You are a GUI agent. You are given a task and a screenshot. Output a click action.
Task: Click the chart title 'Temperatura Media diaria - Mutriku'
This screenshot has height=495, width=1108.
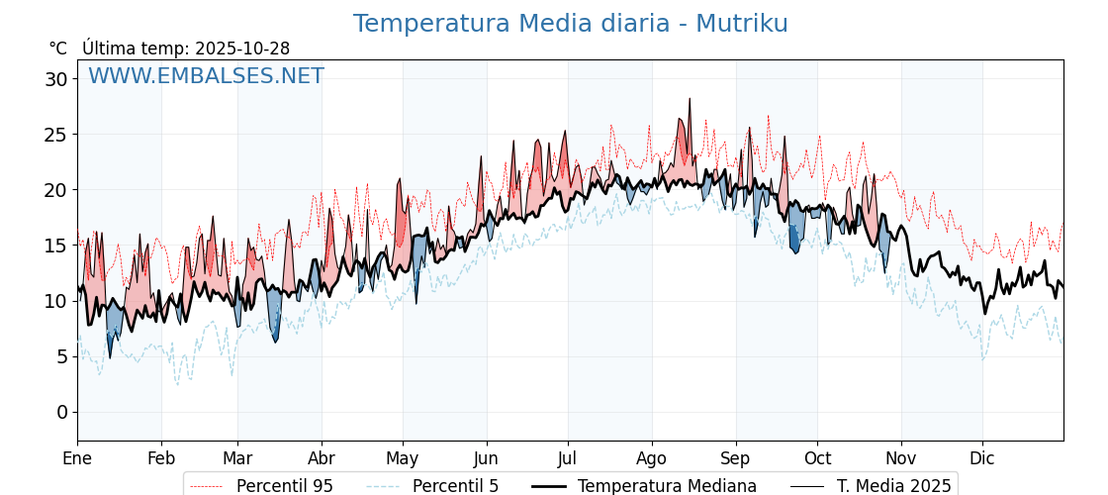pyautogui.click(x=570, y=24)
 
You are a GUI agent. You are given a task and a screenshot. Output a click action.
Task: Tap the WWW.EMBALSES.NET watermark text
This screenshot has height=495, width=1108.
pyautogui.click(x=206, y=76)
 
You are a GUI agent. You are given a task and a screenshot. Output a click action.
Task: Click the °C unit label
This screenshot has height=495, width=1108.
pyautogui.click(x=58, y=49)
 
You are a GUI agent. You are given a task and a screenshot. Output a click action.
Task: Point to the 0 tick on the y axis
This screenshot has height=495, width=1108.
pyautogui.click(x=62, y=412)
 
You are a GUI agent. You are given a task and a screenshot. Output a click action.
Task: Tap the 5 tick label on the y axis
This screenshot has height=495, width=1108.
pyautogui.click(x=62, y=356)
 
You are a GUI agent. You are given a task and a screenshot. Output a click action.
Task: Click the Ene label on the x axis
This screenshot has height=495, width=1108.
pyautogui.click(x=77, y=458)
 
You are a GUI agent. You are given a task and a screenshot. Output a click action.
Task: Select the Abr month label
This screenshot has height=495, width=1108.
pyautogui.click(x=322, y=458)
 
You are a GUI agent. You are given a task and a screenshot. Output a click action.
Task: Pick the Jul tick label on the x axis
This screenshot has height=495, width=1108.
pyautogui.click(x=568, y=458)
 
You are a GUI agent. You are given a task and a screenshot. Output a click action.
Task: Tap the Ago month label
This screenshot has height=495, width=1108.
pyautogui.click(x=652, y=458)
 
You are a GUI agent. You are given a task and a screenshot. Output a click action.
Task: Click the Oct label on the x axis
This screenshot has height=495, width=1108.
pyautogui.click(x=817, y=458)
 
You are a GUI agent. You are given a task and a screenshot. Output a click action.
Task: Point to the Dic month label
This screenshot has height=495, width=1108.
pyautogui.click(x=982, y=458)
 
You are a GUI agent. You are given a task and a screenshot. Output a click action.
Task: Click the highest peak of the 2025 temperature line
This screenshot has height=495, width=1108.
pyautogui.click(x=690, y=99)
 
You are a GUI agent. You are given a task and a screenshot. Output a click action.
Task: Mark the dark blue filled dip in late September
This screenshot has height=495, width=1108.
pyautogui.click(x=794, y=241)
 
